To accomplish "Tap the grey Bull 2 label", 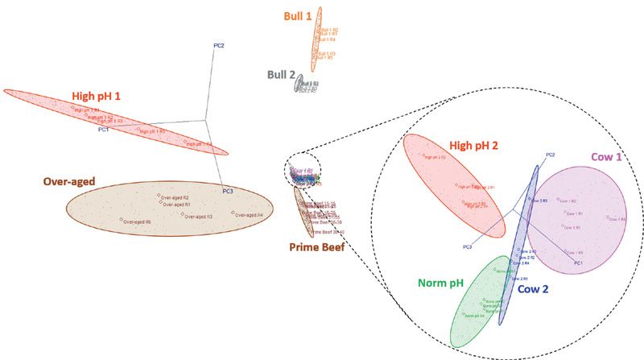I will tap(279, 75).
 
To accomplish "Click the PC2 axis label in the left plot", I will tap(218, 45).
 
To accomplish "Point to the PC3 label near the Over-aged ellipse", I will tap(228, 192).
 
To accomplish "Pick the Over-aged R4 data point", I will tap(233, 213).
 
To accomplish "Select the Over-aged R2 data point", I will tap(159, 197).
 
